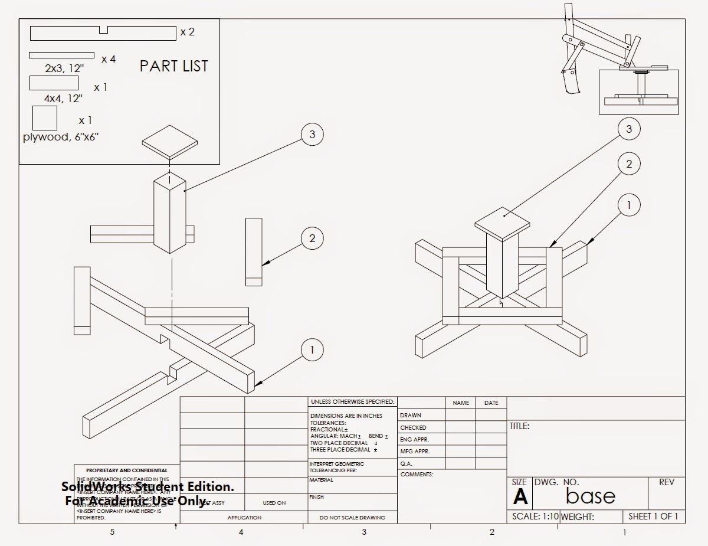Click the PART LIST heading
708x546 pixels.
click(x=174, y=66)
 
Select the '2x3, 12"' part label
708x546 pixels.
click(x=64, y=68)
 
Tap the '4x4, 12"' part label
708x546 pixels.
click(x=63, y=99)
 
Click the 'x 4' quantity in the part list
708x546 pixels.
click(x=109, y=59)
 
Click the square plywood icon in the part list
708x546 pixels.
click(x=45, y=118)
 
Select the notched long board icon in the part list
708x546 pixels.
click(x=103, y=33)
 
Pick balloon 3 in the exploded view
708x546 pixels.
click(x=312, y=135)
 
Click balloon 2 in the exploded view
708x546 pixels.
click(x=312, y=238)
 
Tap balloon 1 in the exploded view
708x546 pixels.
click(x=312, y=350)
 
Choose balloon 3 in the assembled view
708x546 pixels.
click(x=629, y=129)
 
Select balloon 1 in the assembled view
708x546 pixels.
click(x=629, y=205)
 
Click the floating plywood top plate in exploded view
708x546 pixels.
click(x=170, y=142)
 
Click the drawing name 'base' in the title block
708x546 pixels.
click(x=590, y=496)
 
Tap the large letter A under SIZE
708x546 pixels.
click(x=520, y=497)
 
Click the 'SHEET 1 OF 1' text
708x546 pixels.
click(x=653, y=516)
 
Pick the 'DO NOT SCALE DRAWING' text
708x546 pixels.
click(x=352, y=518)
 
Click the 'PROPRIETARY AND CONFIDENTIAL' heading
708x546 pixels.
click(x=126, y=470)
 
